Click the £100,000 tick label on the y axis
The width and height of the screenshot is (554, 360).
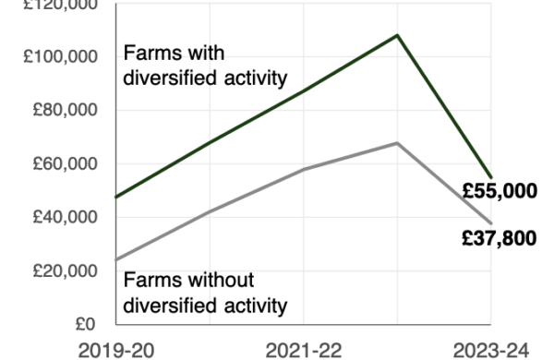[x=60, y=56]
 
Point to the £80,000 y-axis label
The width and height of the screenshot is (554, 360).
[x=65, y=110]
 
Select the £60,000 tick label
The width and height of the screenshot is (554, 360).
[x=65, y=163]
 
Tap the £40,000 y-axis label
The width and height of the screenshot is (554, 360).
[x=65, y=217]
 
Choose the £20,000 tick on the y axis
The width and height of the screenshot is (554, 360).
[x=65, y=271]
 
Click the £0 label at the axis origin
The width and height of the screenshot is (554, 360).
[x=86, y=324]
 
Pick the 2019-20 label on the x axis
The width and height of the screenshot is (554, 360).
[x=116, y=351]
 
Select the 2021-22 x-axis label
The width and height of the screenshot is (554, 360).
[x=304, y=351]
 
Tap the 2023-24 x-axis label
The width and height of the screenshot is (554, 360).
[x=491, y=351]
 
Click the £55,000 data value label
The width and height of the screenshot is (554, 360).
[x=500, y=191]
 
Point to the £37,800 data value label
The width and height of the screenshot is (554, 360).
[x=500, y=238]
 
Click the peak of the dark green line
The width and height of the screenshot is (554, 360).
[x=397, y=35]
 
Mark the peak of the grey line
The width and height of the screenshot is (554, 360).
[x=397, y=143]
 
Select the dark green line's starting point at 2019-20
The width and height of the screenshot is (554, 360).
[x=116, y=197]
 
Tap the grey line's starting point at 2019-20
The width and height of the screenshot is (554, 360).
[x=116, y=260]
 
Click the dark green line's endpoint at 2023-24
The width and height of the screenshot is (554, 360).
[x=491, y=177]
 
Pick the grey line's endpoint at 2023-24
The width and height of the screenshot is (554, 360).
[x=491, y=223]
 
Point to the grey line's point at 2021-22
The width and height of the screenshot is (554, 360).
[x=304, y=170]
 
